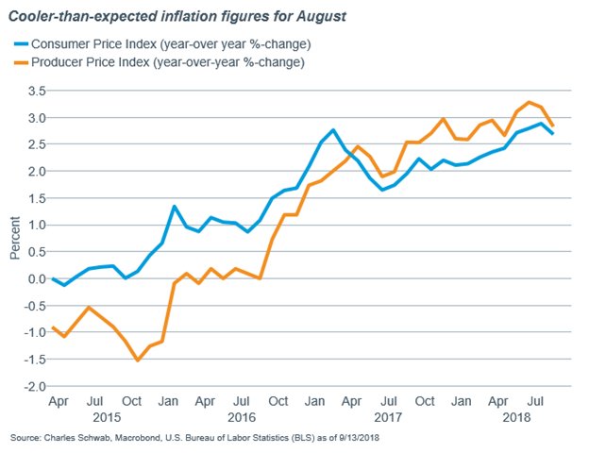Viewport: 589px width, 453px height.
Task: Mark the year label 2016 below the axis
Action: [x=242, y=416]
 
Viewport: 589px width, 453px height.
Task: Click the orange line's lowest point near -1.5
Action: [x=138, y=360]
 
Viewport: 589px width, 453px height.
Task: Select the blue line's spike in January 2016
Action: [x=175, y=206]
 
